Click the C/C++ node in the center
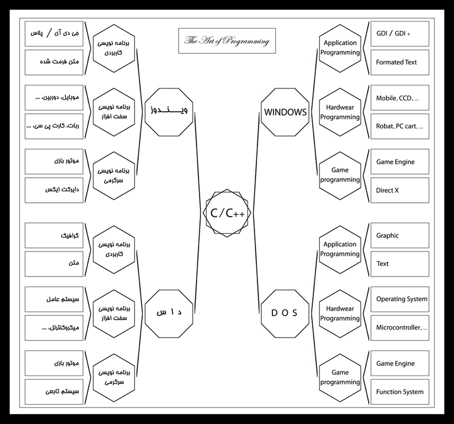(227, 212)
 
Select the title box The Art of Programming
(227, 41)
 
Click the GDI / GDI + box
(400, 33)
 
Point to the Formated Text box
(400, 62)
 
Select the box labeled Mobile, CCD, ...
(400, 98)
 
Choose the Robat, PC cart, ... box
(400, 126)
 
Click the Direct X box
(400, 190)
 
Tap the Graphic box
(400, 235)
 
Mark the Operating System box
(400, 299)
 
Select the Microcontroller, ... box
(400, 327)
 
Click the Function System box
(400, 392)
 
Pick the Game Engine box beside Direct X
(400, 162)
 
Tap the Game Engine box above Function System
(400, 363)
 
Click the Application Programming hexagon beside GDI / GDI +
(340, 47)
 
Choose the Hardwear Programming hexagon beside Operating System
(340, 313)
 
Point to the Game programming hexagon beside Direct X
(340, 175)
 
